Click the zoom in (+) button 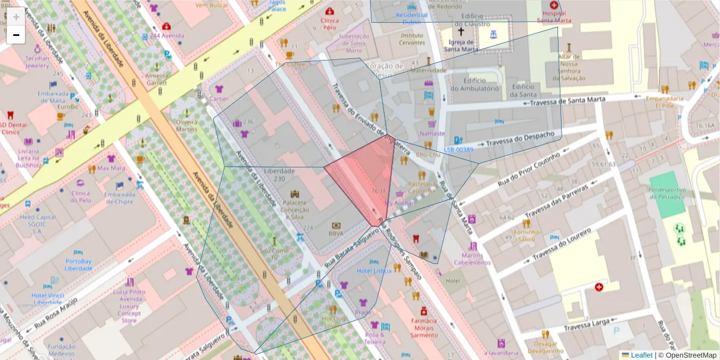(x=16, y=16)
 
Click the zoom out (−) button (x=16, y=35)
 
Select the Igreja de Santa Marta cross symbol (x=461, y=31)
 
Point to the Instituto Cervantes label (x=412, y=39)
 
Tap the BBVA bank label (x=336, y=233)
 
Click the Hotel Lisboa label (x=374, y=271)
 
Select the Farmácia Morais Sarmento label (x=424, y=328)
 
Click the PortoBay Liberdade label (x=79, y=265)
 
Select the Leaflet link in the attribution (x=641, y=355)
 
